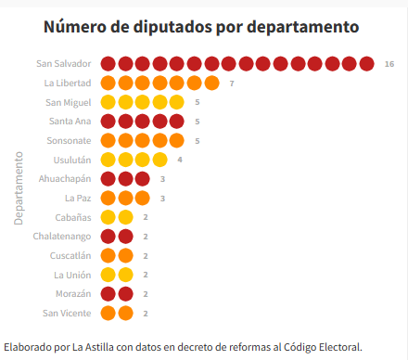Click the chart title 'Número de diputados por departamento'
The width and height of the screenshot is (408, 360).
pyautogui.click(x=203, y=26)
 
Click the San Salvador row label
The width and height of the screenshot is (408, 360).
pyautogui.click(x=64, y=64)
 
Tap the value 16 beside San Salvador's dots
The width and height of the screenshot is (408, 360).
pyautogui.click(x=389, y=64)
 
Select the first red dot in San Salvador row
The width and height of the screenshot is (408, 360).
pyautogui.click(x=108, y=64)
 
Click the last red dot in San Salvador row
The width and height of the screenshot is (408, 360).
pyautogui.click(x=368, y=64)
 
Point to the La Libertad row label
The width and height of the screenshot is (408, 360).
pyautogui.click(x=68, y=84)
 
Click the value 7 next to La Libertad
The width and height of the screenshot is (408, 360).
pyautogui.click(x=232, y=84)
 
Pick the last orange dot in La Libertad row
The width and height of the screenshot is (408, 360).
pyautogui.click(x=212, y=84)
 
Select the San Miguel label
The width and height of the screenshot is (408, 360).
pyautogui.click(x=69, y=102)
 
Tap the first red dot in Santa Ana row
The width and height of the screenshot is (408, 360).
pyautogui.click(x=108, y=122)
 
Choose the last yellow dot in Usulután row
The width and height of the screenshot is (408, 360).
pyautogui.click(x=160, y=160)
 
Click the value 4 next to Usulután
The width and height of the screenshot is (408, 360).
pyautogui.click(x=180, y=160)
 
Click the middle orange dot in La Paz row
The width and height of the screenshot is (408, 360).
pyautogui.click(x=125, y=198)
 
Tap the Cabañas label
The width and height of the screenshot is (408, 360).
pyautogui.click(x=72, y=217)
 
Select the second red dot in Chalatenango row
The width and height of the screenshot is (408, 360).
pyautogui.click(x=125, y=236)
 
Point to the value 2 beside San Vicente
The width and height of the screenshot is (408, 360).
pyautogui.click(x=146, y=313)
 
